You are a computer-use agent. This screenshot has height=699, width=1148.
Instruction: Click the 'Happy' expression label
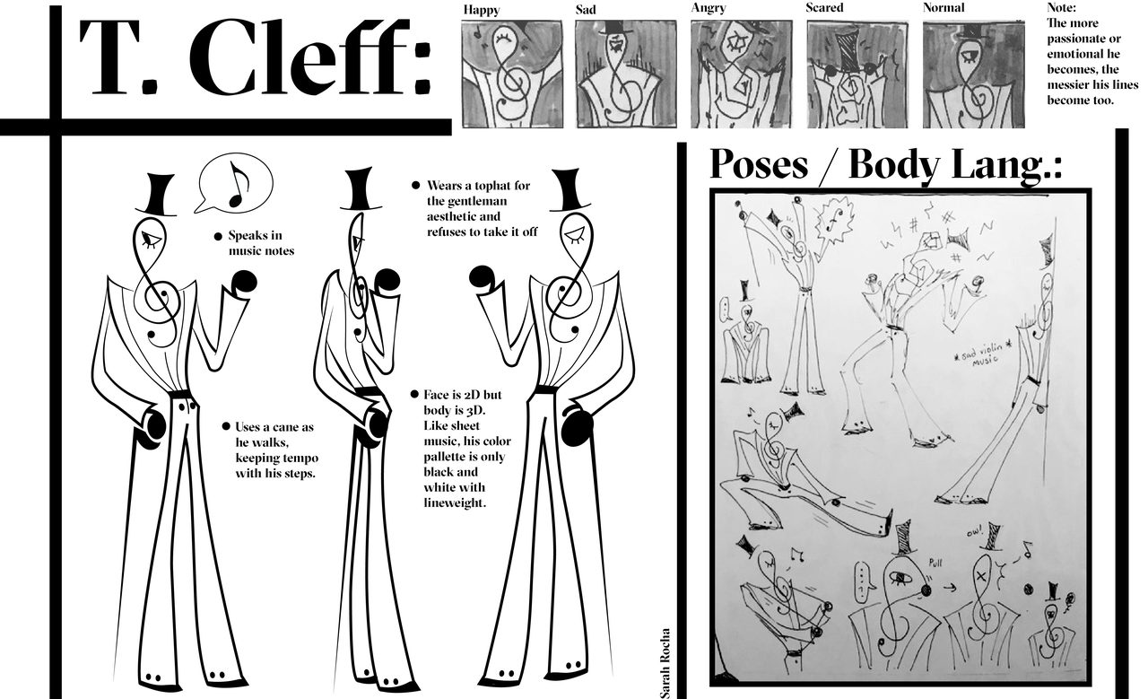(482, 10)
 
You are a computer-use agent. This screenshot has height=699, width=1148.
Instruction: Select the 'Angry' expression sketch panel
(741, 74)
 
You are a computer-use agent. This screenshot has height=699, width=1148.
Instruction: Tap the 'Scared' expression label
(824, 8)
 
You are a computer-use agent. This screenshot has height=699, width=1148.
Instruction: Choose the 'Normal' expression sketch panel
(973, 74)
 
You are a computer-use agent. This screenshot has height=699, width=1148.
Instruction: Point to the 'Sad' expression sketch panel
(626, 74)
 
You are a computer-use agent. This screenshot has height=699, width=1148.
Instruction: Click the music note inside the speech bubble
(239, 184)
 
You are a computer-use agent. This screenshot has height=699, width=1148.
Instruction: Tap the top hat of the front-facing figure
(156, 195)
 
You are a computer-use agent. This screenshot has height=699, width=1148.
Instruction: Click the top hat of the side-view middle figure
(361, 188)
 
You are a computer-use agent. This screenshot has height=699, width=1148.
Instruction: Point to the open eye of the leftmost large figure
(152, 240)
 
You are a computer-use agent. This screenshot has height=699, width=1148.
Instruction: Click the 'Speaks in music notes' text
(261, 243)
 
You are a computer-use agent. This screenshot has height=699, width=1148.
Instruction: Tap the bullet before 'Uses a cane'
(226, 427)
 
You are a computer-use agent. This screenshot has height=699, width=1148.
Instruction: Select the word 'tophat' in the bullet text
(510, 186)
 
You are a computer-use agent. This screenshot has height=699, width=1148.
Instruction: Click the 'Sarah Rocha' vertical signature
(665, 663)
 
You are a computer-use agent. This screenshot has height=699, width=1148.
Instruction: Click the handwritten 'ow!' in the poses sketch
(974, 533)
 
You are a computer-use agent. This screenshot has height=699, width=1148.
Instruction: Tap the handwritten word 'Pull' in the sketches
(935, 564)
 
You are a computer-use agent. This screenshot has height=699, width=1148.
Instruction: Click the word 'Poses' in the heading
(759, 164)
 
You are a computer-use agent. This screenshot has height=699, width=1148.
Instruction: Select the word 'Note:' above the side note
(1061, 8)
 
